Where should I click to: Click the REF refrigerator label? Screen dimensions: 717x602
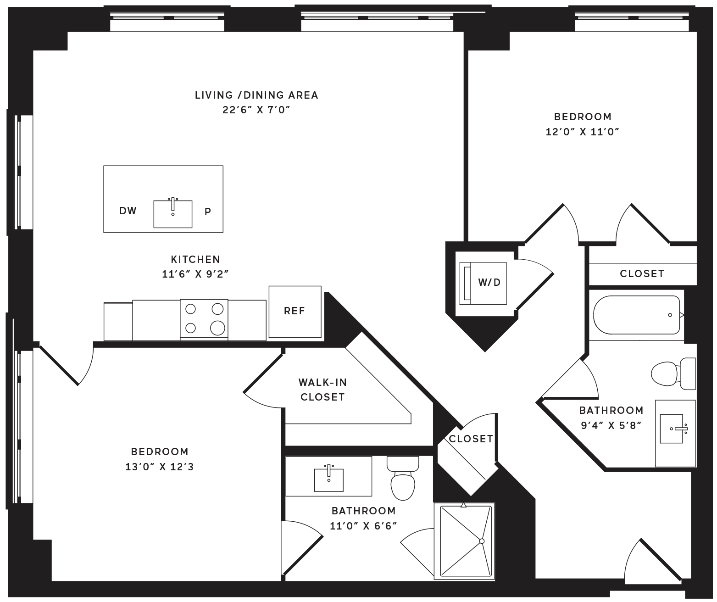295,311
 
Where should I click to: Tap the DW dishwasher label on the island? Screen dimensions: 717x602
128,211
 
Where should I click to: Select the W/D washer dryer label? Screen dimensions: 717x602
489,282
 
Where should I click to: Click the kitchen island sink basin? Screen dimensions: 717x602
173,214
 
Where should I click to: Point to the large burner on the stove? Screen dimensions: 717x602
217,328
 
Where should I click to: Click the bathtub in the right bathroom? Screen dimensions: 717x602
636,315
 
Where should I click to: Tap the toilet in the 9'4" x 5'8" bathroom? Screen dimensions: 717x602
673,373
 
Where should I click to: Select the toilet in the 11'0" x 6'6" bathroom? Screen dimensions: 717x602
403,478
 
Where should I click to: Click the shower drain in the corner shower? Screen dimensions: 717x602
482,541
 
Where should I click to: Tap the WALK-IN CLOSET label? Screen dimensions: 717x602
322,390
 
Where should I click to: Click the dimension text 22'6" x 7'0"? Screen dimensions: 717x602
256,110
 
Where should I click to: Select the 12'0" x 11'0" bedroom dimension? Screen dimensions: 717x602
583,132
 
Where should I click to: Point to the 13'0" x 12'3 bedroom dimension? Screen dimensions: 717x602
159,467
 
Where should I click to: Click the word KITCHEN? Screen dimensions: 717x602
195,259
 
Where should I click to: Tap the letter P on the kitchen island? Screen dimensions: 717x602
208,212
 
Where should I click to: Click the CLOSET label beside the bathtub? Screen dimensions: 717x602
642,273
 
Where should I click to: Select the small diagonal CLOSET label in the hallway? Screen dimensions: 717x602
471,439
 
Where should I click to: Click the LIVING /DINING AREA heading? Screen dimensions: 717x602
256,95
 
